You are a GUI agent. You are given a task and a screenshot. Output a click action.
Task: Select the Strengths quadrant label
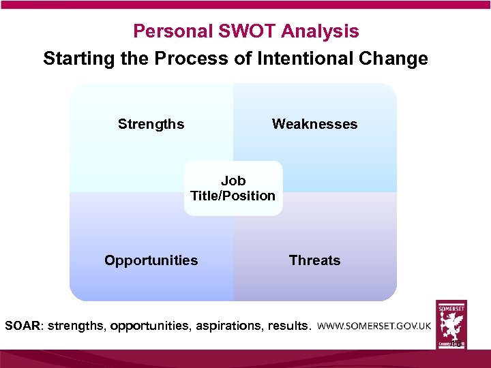151,124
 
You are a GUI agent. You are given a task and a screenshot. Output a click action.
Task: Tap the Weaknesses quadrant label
314,124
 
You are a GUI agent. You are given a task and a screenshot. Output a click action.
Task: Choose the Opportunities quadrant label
151,260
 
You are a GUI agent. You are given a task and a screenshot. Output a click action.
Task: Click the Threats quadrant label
314,260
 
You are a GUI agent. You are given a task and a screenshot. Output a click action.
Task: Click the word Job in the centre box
233,181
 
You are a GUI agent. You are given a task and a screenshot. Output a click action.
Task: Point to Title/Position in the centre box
233,196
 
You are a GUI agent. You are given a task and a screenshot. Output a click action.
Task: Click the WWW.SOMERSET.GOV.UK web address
374,326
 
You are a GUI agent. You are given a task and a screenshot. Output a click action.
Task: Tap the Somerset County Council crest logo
451,324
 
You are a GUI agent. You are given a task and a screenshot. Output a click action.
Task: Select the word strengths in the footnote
74,326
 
